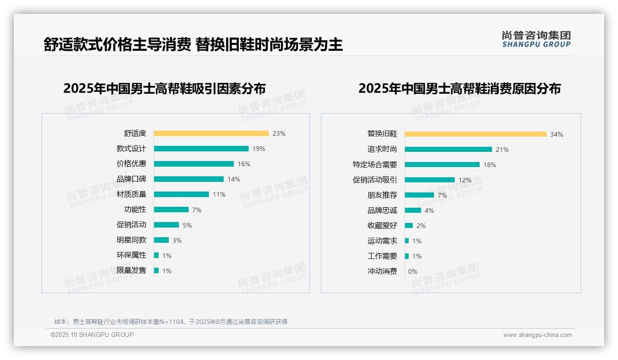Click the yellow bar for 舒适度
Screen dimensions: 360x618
tap(211, 133)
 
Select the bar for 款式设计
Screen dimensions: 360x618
tap(201, 149)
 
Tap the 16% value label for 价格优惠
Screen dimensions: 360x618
tap(244, 164)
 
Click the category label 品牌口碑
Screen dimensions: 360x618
tap(131, 179)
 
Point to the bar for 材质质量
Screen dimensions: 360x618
tap(181, 194)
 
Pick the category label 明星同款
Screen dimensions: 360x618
tap(131, 240)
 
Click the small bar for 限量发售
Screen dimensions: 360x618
tap(156, 270)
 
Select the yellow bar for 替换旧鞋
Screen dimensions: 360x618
tap(475, 134)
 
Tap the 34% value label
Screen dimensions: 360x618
tap(556, 134)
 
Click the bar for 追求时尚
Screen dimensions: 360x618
tap(448, 150)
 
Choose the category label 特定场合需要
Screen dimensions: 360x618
tap(374, 165)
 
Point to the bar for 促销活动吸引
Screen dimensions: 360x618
tap(430, 180)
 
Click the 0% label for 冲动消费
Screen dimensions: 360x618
tap(412, 271)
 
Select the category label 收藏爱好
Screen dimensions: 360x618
tap(382, 226)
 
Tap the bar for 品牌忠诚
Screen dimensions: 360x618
tap(413, 210)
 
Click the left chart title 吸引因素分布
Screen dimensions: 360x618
tap(165, 88)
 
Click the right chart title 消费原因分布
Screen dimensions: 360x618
tap(459, 88)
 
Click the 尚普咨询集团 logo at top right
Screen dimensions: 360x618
tap(536, 39)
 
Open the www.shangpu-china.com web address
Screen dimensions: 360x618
tap(537, 335)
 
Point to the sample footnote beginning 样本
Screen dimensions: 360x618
tap(171, 322)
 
